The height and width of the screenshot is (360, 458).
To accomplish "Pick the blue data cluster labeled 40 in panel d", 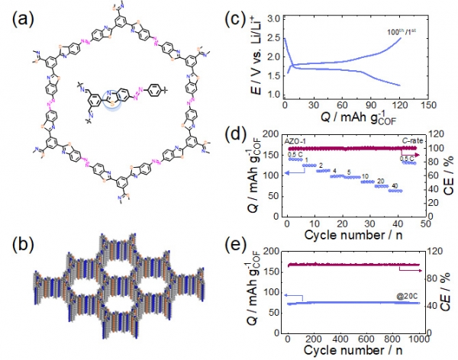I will tap(395, 191).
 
